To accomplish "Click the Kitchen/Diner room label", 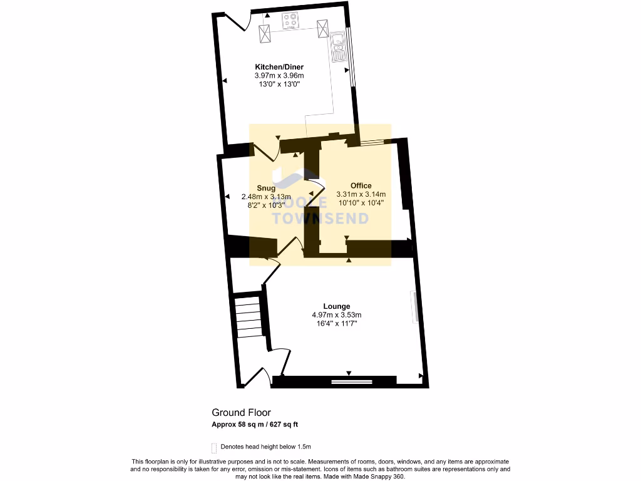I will (279, 67).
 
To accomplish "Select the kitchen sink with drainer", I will (339, 47).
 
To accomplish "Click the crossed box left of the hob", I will (264, 33).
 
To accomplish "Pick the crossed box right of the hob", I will (323, 29).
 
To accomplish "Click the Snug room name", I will (267, 188).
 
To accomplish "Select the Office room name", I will (361, 185).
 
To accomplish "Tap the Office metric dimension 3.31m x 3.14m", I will (361, 194).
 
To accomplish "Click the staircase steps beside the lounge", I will (248, 316).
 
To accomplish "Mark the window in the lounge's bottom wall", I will (351, 380).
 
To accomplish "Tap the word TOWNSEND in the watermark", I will (320, 218).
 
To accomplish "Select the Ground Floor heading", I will (241, 412).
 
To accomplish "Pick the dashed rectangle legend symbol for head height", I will (214, 447).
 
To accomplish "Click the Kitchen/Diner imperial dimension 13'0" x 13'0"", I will (279, 84).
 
